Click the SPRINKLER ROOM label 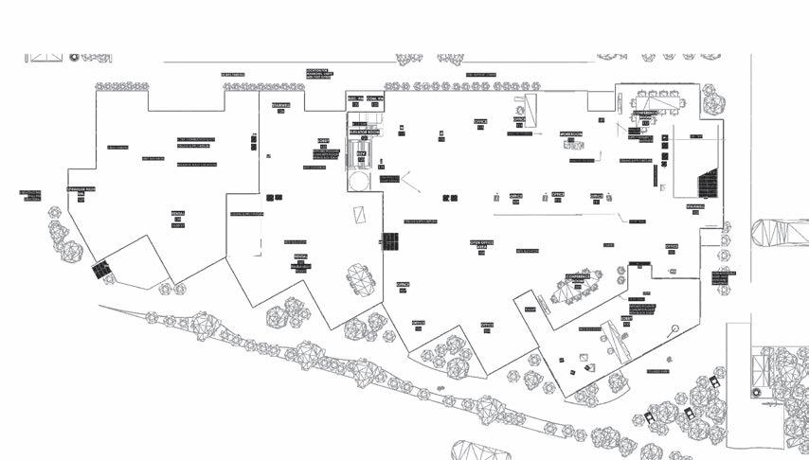coord(81,190)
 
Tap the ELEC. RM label coord(354,98)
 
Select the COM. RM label coord(375,98)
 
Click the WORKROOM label coord(571,134)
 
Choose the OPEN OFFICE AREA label coord(482,243)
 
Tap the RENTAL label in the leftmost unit coord(177,214)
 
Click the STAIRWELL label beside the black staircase coord(694,206)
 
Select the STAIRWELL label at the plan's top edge coord(281,105)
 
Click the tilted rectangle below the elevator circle coord(360,215)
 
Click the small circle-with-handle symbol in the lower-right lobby coord(674,329)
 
